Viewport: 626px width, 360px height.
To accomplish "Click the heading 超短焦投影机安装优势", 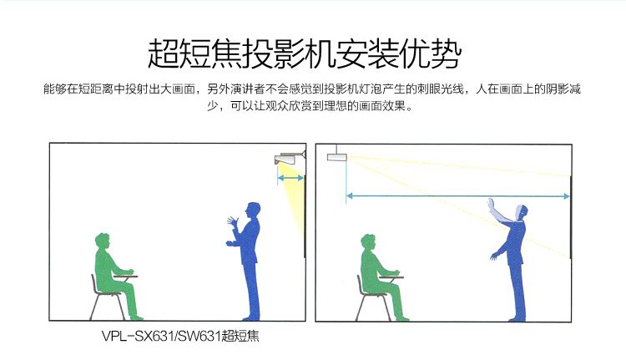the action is (305, 53).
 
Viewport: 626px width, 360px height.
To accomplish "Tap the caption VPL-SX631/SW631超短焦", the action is (180, 336).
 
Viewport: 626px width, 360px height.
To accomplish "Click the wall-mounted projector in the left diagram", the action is (290, 158).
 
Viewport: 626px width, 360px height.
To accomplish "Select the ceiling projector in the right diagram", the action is (337, 155).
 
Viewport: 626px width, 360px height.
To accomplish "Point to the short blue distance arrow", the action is (290, 178).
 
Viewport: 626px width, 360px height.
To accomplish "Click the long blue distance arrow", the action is (457, 195).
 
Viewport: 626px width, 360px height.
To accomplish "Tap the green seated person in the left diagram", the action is (116, 276).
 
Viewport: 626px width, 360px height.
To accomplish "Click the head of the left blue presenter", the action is (253, 210).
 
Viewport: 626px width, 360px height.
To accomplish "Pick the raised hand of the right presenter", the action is (491, 205).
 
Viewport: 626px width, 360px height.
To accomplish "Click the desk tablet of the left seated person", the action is (125, 276).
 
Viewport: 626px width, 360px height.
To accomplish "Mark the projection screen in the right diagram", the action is (571, 217).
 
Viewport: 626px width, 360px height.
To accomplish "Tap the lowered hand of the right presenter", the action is (494, 256).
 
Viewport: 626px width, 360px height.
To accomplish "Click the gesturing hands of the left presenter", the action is (232, 231).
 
